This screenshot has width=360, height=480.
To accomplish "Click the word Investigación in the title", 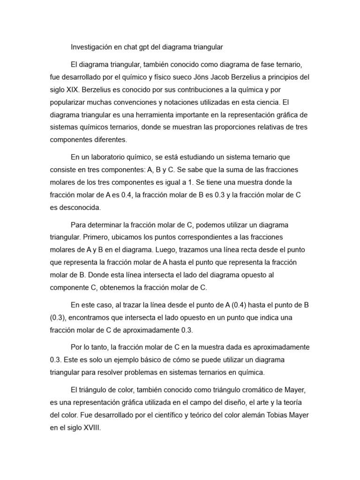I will pyautogui.click(x=92, y=47).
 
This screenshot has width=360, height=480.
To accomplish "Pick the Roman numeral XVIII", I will pyautogui.click(x=89, y=428).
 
